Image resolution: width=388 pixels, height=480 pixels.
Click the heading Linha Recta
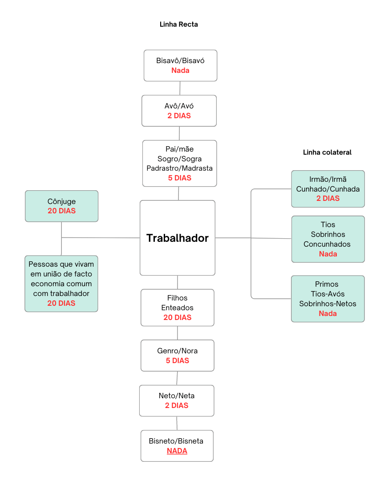pos(178,24)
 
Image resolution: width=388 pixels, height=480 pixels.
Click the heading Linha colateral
pos(327,152)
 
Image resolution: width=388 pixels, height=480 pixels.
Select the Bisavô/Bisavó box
pos(180,65)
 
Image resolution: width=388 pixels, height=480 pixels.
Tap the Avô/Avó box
pos(179,111)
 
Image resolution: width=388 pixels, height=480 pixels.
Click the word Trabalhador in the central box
pos(178,238)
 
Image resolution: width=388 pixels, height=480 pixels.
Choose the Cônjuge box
pos(61,206)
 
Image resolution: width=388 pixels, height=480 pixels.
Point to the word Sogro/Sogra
pos(179,159)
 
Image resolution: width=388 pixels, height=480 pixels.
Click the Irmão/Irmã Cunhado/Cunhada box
pos(328,189)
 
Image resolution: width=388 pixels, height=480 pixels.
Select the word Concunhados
pos(327,244)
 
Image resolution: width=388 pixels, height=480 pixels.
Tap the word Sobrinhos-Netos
pos(327,304)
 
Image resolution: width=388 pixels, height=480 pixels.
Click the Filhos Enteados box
pos(178,308)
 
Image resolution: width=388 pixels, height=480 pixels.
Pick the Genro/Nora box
pos(178,356)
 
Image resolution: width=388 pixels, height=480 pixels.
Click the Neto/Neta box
pos(177,400)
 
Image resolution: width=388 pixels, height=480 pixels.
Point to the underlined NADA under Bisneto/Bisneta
pos(177,451)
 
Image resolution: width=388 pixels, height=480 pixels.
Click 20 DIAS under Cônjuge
pos(61,211)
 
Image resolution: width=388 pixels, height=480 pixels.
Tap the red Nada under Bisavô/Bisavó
pos(180,70)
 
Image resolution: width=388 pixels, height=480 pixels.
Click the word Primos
pos(327,284)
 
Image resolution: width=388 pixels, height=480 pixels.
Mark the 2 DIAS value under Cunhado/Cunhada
pos(328,198)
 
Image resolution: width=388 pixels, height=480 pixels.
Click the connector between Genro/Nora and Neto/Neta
pos(177,378)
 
